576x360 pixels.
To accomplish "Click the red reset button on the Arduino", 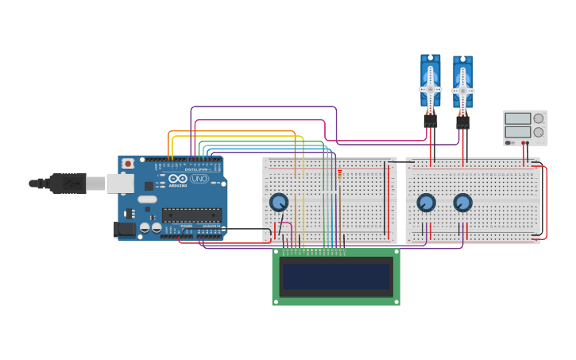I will click(x=128, y=163).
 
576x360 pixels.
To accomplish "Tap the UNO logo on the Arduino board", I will click(x=199, y=179).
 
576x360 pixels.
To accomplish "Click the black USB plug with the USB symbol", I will click(x=67, y=184).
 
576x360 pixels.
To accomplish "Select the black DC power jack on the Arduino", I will click(x=124, y=229).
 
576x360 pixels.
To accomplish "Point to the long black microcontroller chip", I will click(x=191, y=215).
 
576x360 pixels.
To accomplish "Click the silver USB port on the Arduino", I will click(x=119, y=184).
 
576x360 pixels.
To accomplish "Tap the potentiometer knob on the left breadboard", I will click(x=278, y=202).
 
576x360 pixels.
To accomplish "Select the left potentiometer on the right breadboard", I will click(x=426, y=203).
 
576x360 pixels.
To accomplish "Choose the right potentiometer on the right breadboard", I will click(x=462, y=203).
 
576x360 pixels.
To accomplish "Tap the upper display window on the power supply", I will click(x=517, y=118).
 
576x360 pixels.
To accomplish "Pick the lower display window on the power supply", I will click(x=517, y=132).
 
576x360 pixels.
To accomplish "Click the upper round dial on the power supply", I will click(x=539, y=118).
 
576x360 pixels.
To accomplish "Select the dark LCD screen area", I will click(x=336, y=277).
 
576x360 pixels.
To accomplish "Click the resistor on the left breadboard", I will click(x=340, y=175).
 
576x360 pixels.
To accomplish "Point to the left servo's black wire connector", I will click(x=430, y=121).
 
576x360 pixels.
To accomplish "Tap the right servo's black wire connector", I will click(x=462, y=122).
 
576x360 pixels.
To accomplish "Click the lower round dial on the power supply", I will click(x=539, y=132).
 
